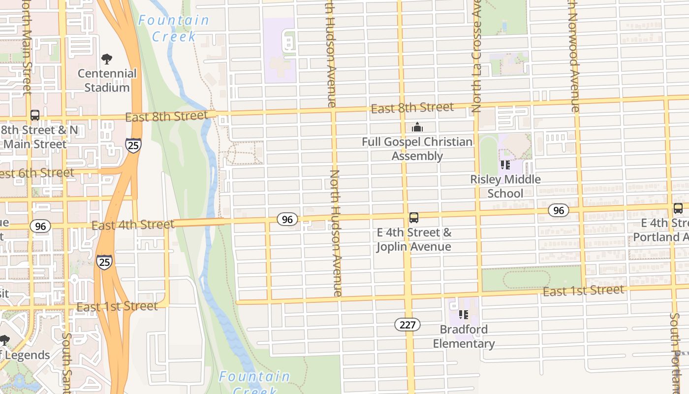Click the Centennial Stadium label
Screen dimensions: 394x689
(107, 80)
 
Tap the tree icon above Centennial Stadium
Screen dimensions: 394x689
(107, 60)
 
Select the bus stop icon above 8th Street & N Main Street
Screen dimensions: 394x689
(35, 115)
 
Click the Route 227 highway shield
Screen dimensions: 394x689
(407, 325)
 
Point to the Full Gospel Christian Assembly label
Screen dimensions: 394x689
(417, 149)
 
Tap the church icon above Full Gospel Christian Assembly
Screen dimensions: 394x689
(417, 128)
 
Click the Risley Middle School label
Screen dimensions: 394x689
(505, 186)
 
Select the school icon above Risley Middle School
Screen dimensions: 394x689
(505, 165)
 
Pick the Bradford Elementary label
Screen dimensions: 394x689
(464, 336)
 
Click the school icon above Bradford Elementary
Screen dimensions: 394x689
(463, 315)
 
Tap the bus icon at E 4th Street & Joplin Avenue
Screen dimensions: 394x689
(414, 218)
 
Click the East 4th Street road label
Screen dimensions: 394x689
(133, 225)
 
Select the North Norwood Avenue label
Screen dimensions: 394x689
(573, 57)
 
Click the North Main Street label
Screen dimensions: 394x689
(27, 49)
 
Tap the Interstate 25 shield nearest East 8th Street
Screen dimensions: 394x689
(133, 145)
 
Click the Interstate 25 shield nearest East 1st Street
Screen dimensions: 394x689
(104, 262)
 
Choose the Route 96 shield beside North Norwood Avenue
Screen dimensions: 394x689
(558, 211)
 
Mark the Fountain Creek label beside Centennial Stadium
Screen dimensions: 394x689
(174, 28)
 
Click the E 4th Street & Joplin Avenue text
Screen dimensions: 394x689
(414, 239)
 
